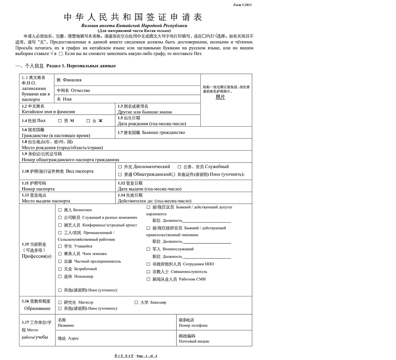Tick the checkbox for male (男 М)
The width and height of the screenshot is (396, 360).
pos(60,120)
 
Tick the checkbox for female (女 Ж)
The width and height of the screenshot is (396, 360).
pos(88,120)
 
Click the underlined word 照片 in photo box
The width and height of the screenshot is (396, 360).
pos(220,97)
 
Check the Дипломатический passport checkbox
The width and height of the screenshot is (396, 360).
pos(120,167)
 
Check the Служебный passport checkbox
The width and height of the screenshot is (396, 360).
pos(179,167)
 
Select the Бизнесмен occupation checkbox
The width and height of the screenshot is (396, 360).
pos(60,210)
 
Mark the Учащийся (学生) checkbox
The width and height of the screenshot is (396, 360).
pos(60,246)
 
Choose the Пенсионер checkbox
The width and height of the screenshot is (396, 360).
pos(60,276)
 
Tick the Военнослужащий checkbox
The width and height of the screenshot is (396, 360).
pos(148,249)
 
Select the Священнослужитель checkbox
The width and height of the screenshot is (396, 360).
pos(148,272)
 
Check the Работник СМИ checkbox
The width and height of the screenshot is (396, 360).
pos(148,279)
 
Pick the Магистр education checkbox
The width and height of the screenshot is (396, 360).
pos(60,302)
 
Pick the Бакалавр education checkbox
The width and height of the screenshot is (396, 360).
pos(136,302)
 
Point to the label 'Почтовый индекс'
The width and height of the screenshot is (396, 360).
pos(194,341)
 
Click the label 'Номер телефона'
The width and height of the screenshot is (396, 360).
pos(193,326)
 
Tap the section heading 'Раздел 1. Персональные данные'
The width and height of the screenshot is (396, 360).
pos(81,66)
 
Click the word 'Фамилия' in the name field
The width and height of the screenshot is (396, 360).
pos(75,80)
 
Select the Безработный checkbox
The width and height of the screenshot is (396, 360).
pos(60,269)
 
